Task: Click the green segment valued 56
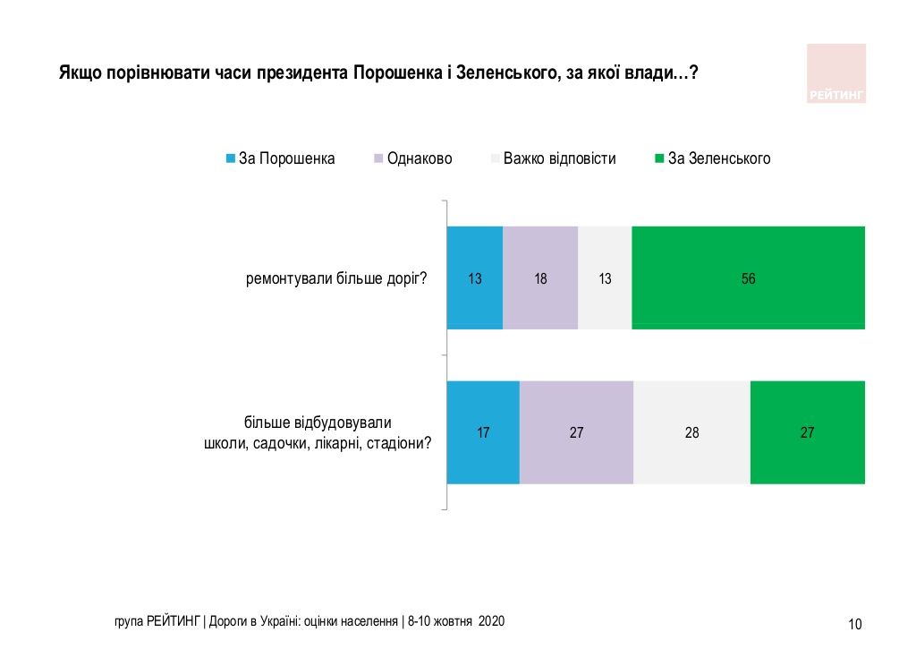click(748, 278)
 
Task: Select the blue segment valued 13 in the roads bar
click(475, 278)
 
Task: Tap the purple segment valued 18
click(540, 278)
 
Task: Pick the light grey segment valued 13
click(605, 278)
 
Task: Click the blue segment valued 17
click(483, 432)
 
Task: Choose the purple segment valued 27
click(576, 432)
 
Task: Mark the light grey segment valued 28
click(691, 432)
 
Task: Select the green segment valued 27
click(807, 432)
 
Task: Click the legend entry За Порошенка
click(286, 158)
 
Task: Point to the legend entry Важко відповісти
click(559, 158)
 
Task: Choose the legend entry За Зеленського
click(719, 158)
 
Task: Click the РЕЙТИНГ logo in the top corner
click(836, 73)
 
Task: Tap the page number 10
click(854, 624)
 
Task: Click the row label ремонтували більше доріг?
click(336, 278)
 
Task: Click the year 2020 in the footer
click(492, 620)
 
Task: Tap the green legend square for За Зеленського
click(659, 158)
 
